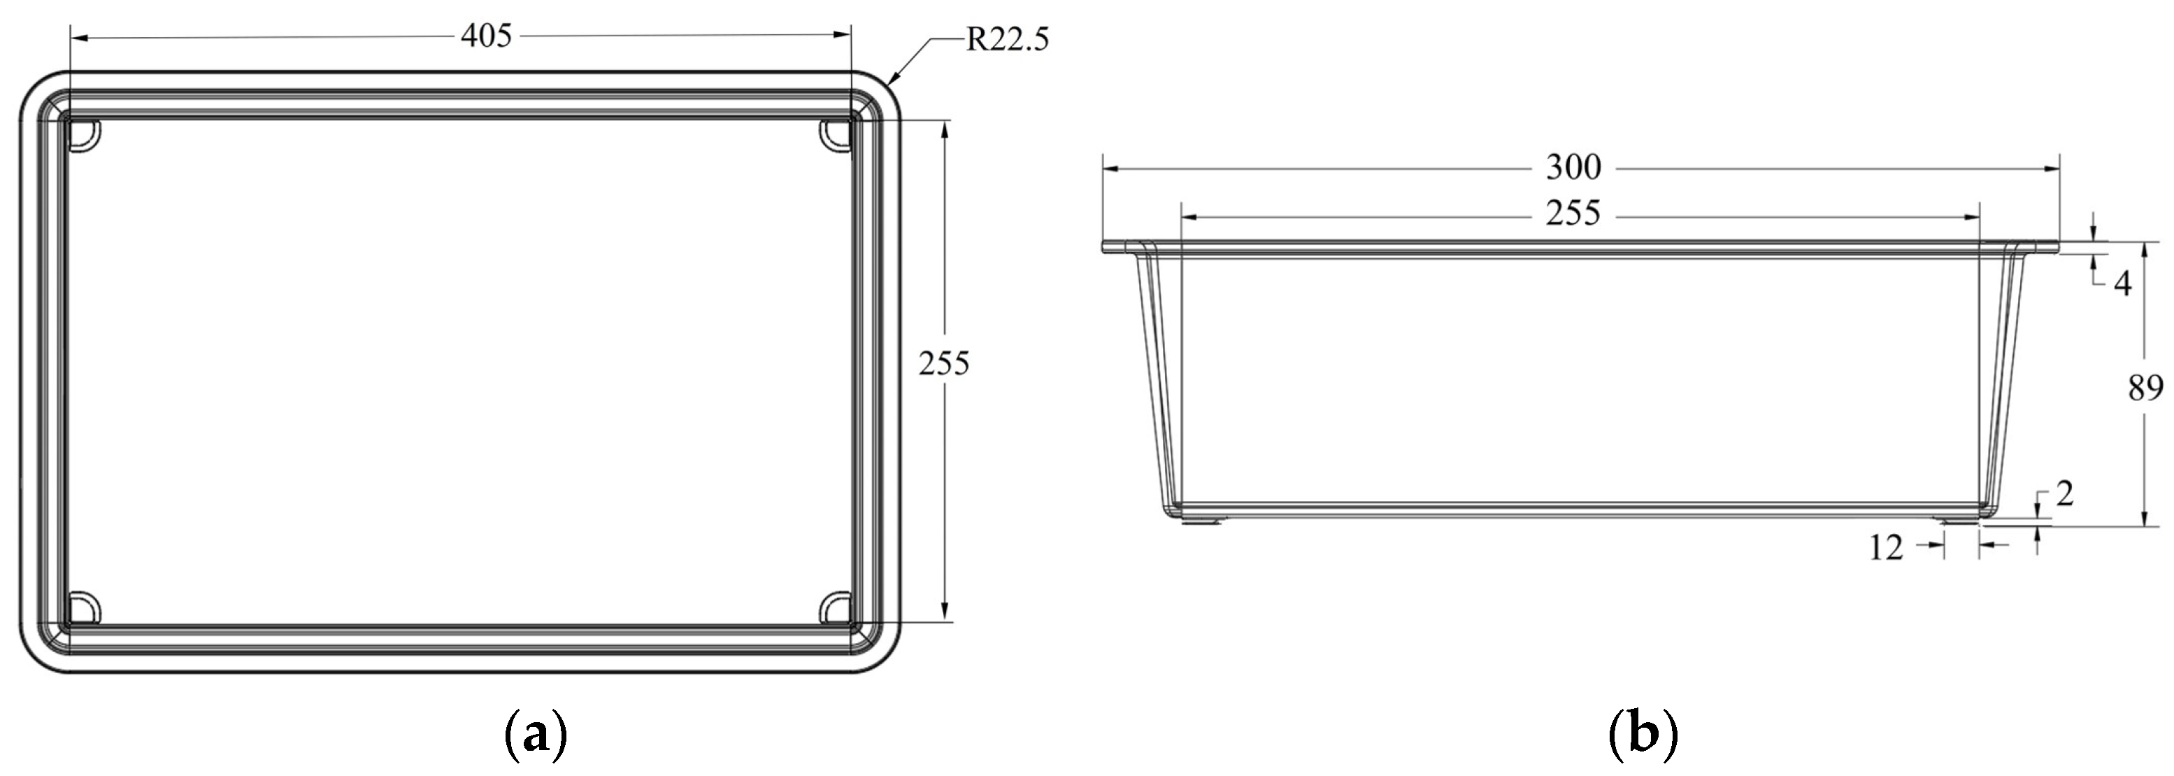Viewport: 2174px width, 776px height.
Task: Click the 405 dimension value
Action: coord(486,36)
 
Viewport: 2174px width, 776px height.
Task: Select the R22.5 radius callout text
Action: coord(1007,40)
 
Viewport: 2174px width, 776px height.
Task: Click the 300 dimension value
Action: coord(1573,168)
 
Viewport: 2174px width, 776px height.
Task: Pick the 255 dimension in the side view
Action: coord(1573,213)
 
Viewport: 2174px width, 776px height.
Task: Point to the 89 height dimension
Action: coord(2145,388)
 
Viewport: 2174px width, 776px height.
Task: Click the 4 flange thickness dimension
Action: coord(2122,285)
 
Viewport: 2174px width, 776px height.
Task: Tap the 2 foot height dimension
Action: coord(2064,495)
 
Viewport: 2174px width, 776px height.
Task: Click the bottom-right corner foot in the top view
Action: coord(836,608)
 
